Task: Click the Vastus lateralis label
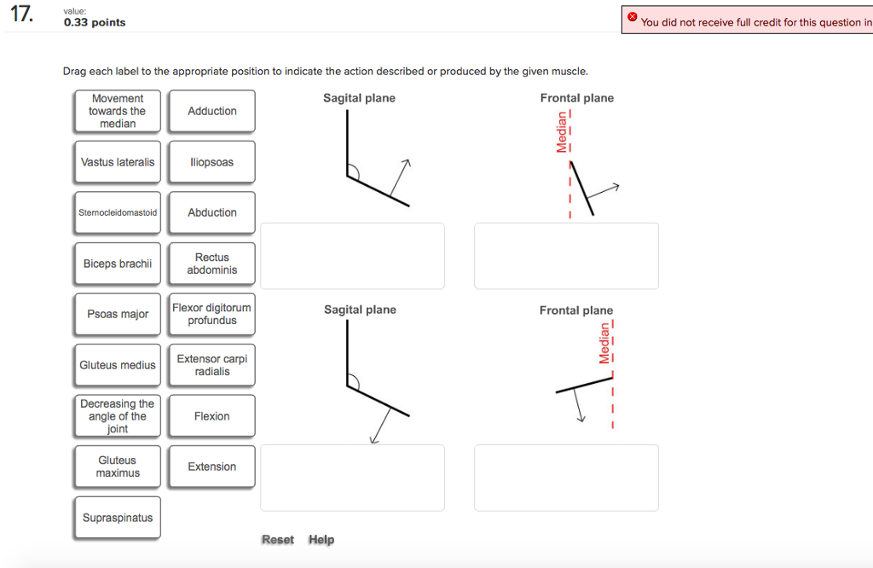click(x=118, y=162)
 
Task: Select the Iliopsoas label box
click(x=211, y=162)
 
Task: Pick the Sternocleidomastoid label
click(x=118, y=212)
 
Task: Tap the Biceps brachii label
click(x=118, y=264)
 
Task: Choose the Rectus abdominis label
click(x=211, y=264)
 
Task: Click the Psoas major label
click(x=118, y=314)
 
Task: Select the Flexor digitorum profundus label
click(x=211, y=314)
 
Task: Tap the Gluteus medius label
click(x=118, y=365)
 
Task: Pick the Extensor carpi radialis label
click(x=211, y=365)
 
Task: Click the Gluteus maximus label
click(x=118, y=467)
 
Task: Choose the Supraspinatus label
click(x=118, y=518)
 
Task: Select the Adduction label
click(x=211, y=111)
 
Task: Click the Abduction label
click(x=211, y=212)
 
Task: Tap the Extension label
click(x=211, y=467)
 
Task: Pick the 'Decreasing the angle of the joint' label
click(x=118, y=416)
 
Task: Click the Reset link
click(x=278, y=540)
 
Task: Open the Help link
click(x=321, y=540)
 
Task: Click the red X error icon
click(x=632, y=17)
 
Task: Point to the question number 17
click(x=23, y=14)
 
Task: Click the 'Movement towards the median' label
click(x=118, y=111)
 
